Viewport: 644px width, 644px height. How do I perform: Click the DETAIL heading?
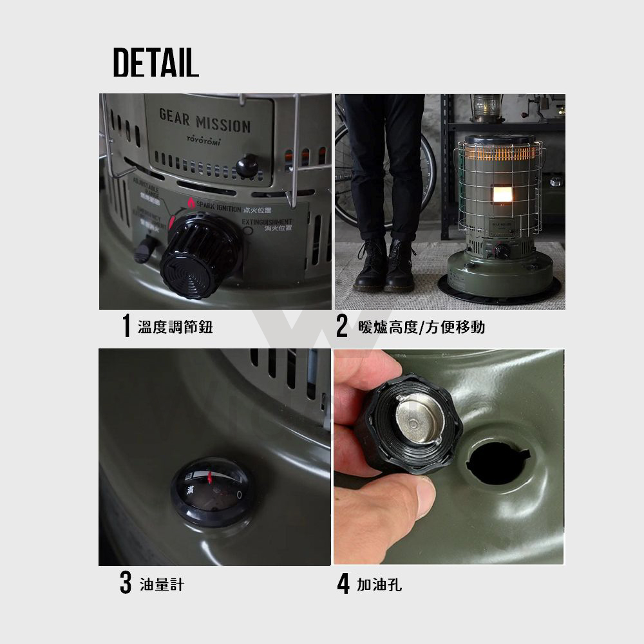coord(156,62)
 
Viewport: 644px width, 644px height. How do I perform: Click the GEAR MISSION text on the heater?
coord(204,120)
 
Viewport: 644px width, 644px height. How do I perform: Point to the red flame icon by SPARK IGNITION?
coord(191,203)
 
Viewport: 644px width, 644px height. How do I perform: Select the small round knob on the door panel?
coord(246,166)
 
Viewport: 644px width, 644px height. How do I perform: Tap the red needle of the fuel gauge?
coord(210,477)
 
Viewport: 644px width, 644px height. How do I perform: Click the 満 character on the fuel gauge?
coord(191,491)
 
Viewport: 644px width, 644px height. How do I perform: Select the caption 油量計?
coord(162,585)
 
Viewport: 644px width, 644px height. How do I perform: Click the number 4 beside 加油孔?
coord(343,585)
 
